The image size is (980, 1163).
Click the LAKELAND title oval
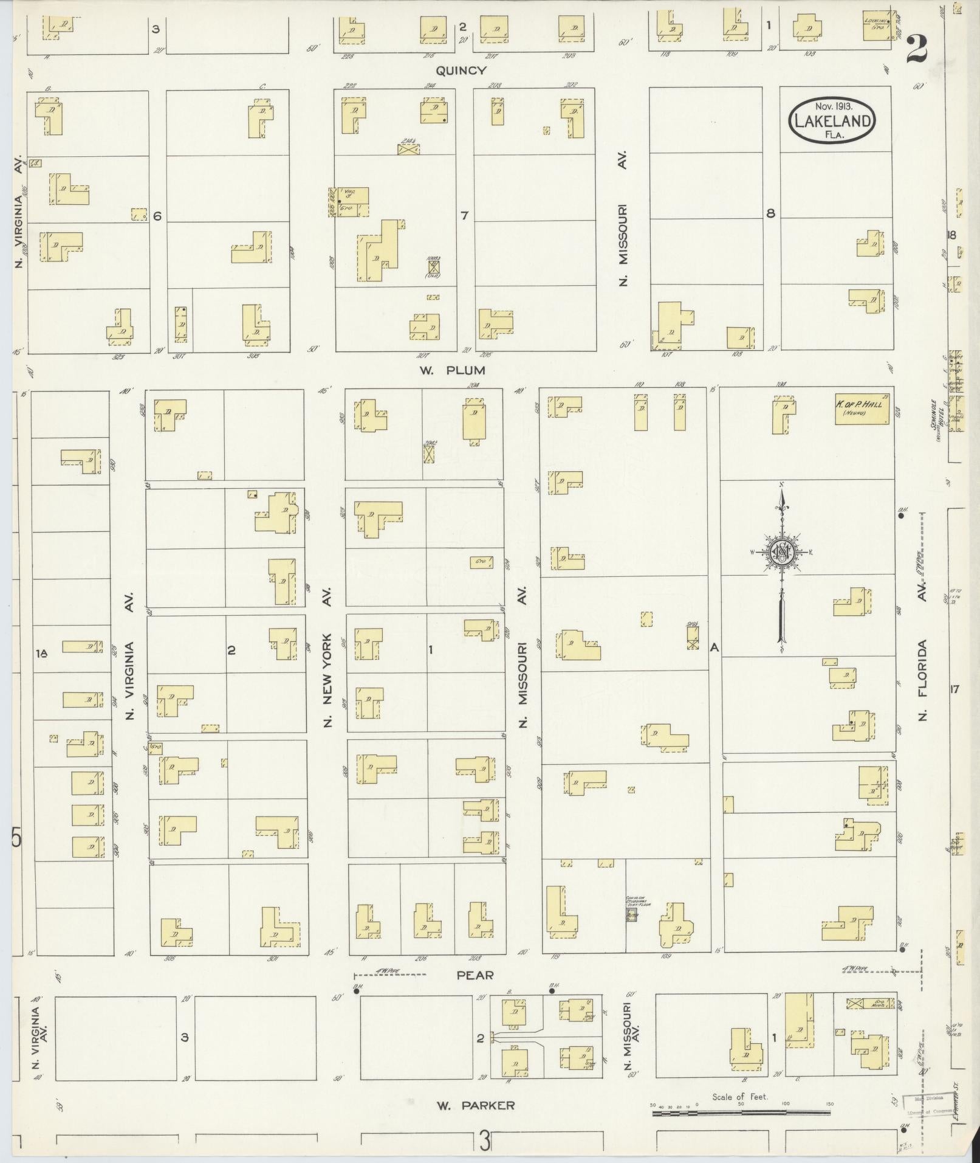832,121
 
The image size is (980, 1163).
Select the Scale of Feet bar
741,1113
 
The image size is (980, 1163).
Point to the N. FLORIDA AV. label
923,651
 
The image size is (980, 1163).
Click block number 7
465,215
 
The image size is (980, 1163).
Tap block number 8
770,213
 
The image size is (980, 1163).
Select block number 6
157,215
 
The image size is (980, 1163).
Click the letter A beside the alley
714,648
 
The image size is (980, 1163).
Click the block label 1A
41,653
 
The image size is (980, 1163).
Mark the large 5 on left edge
16,839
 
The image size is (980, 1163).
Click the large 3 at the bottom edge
484,1141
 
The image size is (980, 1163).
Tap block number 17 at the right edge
954,689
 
